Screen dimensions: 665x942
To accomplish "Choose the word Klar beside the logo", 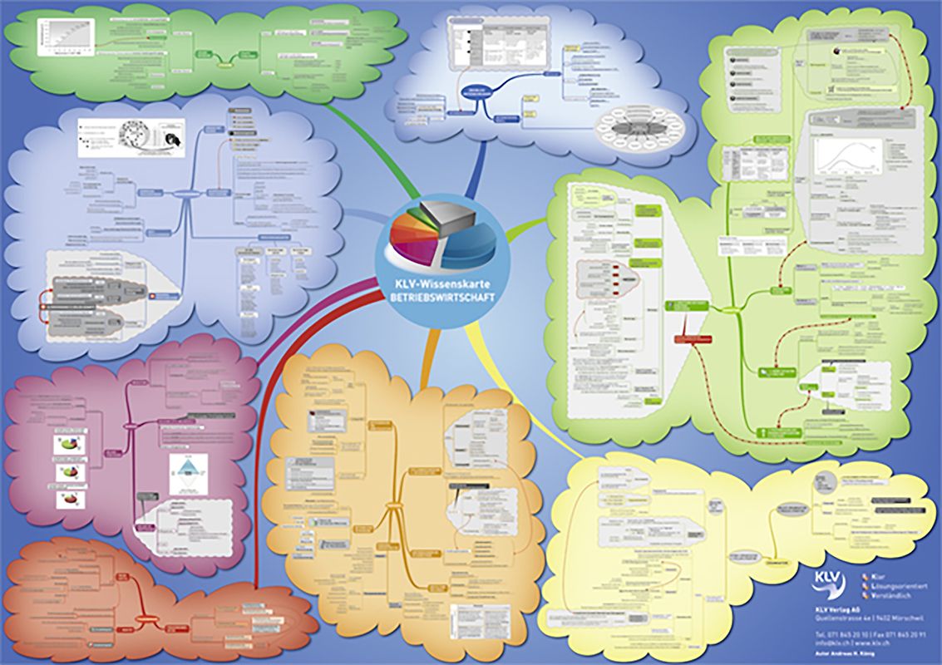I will (880, 574).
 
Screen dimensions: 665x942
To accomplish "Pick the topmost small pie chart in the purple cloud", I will (68, 445).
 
